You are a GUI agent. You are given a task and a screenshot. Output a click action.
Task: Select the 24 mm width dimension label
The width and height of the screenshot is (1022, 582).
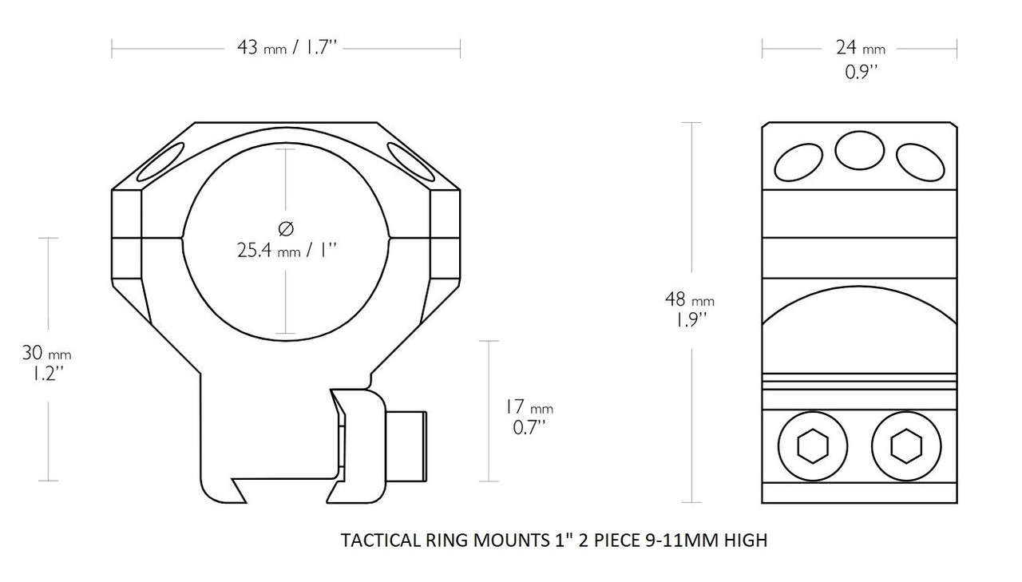coord(860,48)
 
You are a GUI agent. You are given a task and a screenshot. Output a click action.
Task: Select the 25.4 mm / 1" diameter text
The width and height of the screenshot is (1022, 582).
coord(286,251)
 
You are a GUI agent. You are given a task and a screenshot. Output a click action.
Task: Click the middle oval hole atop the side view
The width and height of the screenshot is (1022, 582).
coord(859,149)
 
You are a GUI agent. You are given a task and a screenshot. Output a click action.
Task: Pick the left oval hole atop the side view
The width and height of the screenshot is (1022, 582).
coord(798,163)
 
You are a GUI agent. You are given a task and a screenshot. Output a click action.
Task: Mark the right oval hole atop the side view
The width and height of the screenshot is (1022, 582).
coord(921,162)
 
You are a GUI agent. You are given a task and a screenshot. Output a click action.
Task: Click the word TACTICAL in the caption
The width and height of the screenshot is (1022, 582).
coord(376,540)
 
